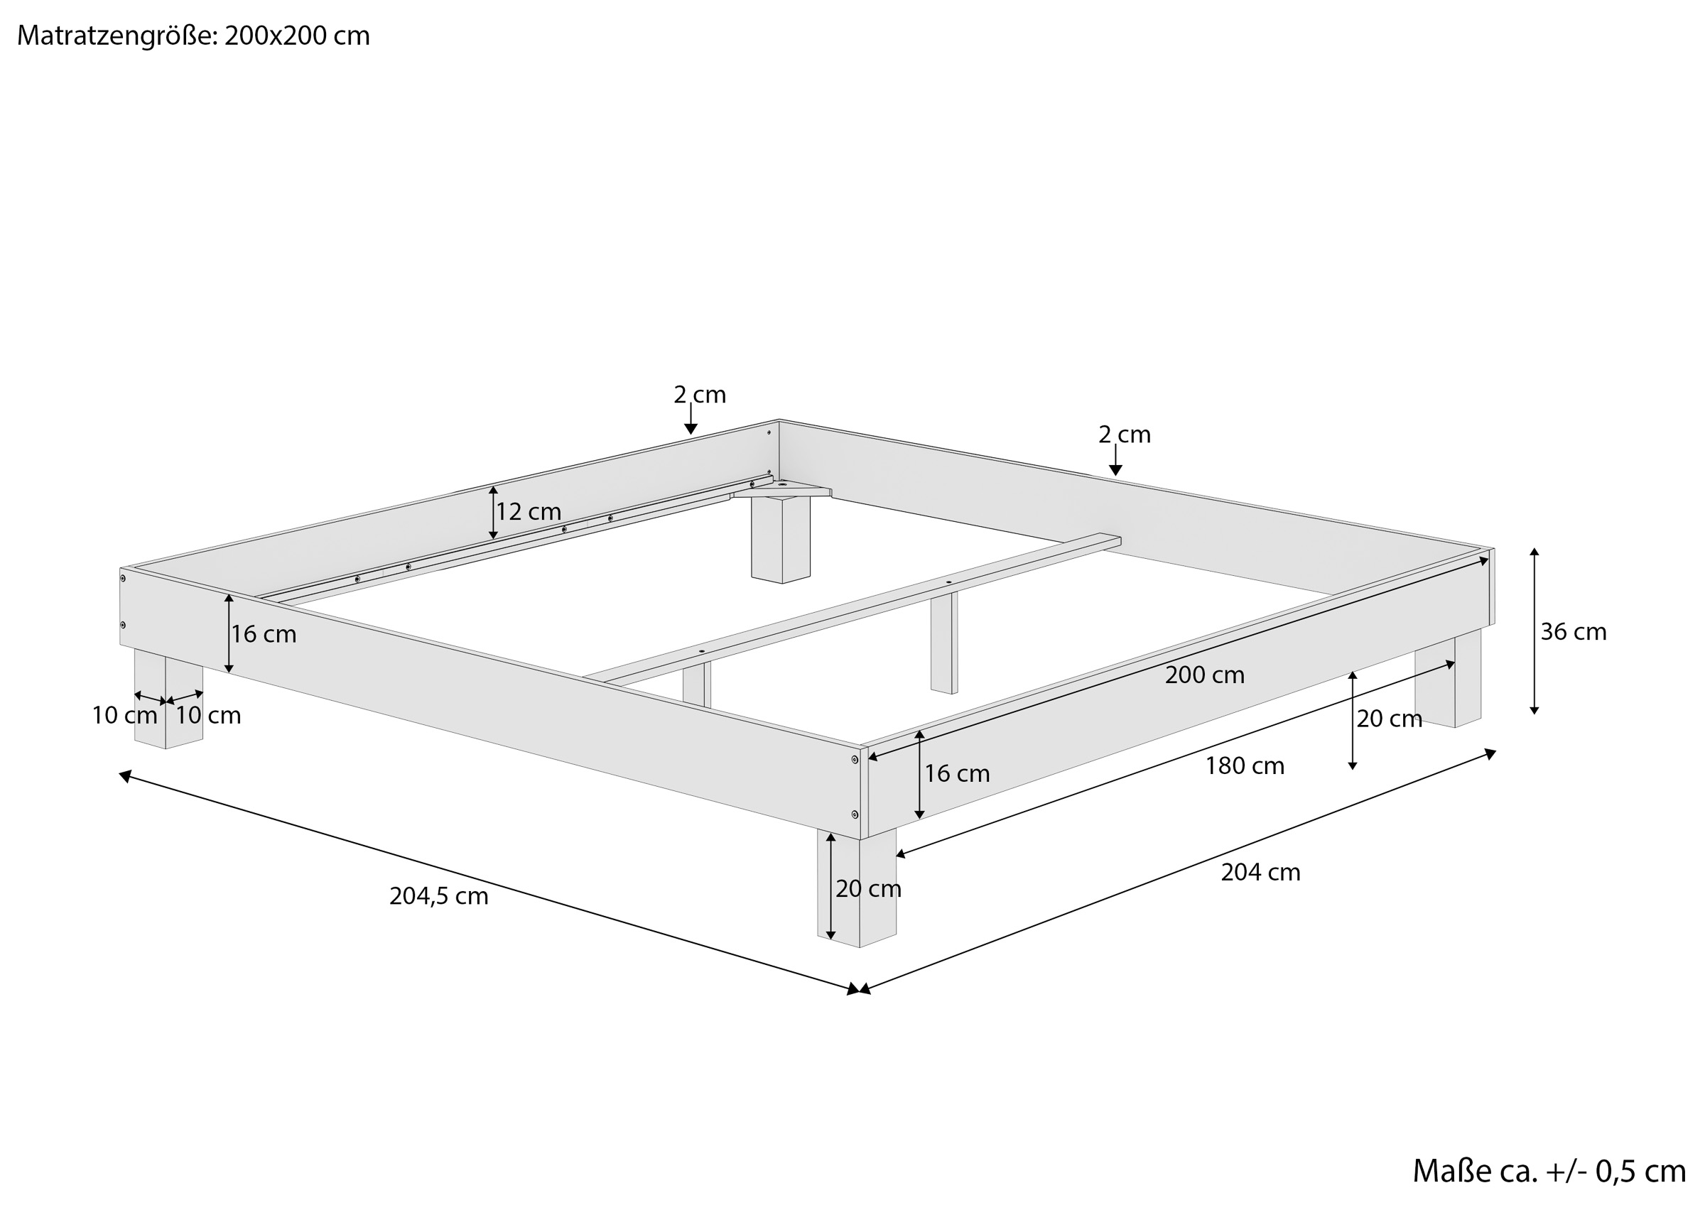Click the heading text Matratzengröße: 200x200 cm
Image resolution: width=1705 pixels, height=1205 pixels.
pyautogui.click(x=193, y=36)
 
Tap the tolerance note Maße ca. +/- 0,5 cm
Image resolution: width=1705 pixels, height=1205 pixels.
pyautogui.click(x=1548, y=1171)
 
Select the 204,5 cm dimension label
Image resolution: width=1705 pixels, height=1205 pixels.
pyautogui.click(x=439, y=897)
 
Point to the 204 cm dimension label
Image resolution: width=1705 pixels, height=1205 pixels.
pyautogui.click(x=1260, y=873)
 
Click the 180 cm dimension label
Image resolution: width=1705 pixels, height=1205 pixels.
pyautogui.click(x=1245, y=766)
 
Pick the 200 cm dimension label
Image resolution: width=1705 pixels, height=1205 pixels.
pyautogui.click(x=1204, y=675)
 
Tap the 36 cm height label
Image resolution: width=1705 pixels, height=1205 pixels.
pyautogui.click(x=1573, y=632)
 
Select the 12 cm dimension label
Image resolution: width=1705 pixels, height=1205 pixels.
pyautogui.click(x=529, y=511)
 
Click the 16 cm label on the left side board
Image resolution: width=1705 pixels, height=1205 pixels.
pyautogui.click(x=264, y=635)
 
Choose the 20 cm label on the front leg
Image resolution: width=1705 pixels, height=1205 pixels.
pyautogui.click(x=868, y=889)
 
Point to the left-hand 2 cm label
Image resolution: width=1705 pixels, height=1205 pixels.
pyautogui.click(x=700, y=395)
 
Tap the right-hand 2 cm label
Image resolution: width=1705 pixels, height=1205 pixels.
pyautogui.click(x=1125, y=435)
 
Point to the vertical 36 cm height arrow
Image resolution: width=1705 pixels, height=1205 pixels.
pyautogui.click(x=1534, y=631)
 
